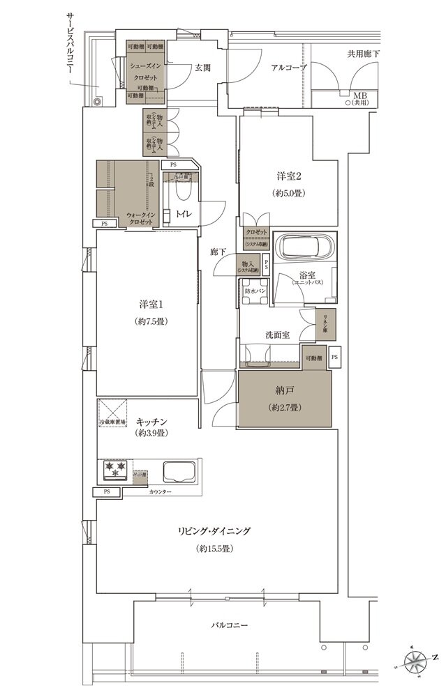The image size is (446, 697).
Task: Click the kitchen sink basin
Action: coord(180,472)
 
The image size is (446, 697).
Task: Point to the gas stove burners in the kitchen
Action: coord(114,470)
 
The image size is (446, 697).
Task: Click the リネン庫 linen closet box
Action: coord(325,321)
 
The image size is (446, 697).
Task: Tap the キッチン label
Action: coord(150,422)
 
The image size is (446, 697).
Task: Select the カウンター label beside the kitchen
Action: coord(160,492)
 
